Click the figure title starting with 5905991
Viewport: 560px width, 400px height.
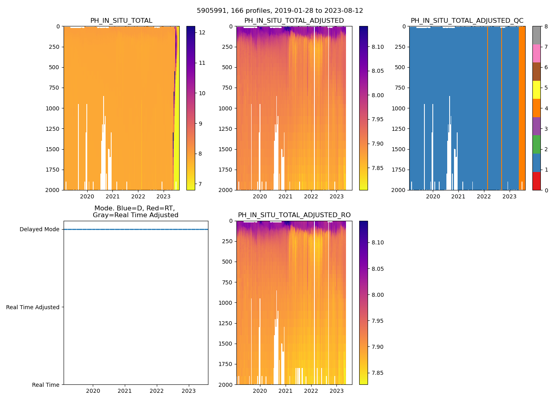(280, 11)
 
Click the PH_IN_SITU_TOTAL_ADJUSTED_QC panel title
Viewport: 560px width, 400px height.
(467, 21)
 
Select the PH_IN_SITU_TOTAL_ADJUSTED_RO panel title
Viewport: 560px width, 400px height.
(294, 215)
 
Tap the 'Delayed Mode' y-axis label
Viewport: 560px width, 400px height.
(39, 230)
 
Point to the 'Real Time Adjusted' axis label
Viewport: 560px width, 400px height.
(33, 307)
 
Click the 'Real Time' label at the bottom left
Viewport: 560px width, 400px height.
(46, 385)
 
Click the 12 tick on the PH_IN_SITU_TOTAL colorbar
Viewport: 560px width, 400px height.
(202, 33)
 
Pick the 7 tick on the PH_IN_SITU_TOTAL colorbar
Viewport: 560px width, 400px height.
(200, 184)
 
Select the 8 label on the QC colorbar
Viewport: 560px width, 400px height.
(546, 26)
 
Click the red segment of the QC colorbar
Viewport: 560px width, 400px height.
(536, 181)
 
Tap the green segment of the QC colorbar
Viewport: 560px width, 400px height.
(536, 144)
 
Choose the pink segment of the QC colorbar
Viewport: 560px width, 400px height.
(536, 54)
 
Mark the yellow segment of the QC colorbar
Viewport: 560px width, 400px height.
(536, 90)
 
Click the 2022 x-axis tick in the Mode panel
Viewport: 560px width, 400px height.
(157, 391)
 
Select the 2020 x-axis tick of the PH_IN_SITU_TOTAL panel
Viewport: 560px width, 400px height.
(87, 196)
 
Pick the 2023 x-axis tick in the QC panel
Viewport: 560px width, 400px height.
(509, 196)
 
